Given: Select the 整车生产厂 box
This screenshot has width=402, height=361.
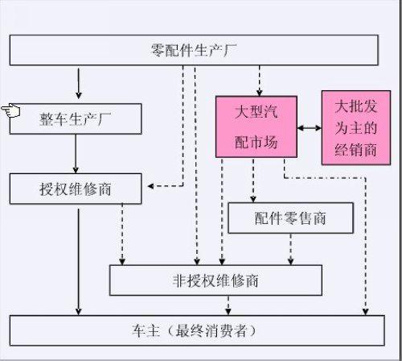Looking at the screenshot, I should (76, 118).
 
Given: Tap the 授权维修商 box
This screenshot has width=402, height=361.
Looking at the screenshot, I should (76, 189).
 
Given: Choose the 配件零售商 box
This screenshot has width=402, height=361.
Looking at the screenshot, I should (290, 218).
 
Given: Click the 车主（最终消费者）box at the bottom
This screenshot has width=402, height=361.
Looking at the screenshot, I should (193, 330).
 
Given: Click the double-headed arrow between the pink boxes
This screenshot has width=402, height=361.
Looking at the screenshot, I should (309, 127).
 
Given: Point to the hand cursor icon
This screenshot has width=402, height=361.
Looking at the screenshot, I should (10, 110).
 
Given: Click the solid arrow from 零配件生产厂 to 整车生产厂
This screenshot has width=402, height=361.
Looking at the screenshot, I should (79, 83).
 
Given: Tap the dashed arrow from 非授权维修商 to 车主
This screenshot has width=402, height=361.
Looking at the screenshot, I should (229, 305).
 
